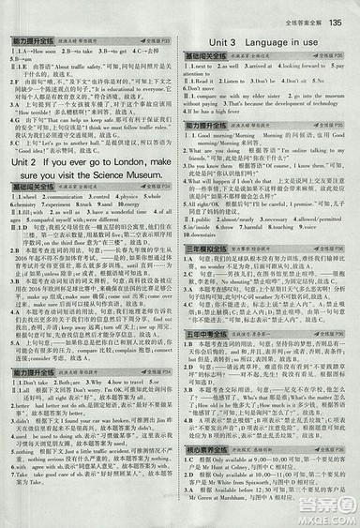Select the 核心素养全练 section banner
coord(210,454)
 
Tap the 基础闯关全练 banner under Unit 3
coord(210,57)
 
